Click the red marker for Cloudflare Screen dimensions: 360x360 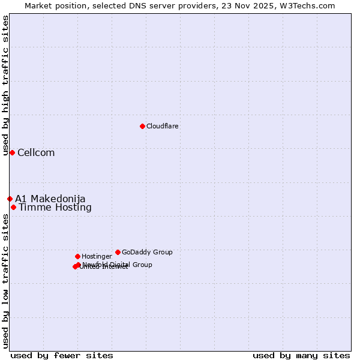[x=142, y=126]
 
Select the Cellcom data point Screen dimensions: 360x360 [x=12, y=152]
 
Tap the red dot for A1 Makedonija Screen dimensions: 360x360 [x=10, y=199]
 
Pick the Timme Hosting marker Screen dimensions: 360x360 [x=13, y=207]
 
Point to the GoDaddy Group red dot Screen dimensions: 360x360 [x=118, y=252]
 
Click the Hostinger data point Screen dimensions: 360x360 [x=77, y=256]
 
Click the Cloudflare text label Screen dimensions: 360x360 [x=163, y=126]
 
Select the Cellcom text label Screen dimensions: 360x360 [x=36, y=152]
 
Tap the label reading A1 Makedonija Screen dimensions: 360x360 [x=50, y=199]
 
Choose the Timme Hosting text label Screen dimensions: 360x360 [x=55, y=208]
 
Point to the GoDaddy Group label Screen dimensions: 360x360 [x=147, y=252]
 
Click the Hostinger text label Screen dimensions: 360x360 [x=97, y=256]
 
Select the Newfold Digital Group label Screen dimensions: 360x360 [x=118, y=265]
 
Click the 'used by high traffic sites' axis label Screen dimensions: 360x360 [x=5, y=86]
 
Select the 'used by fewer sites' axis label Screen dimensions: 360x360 [x=62, y=356]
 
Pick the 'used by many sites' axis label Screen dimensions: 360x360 [x=301, y=356]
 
